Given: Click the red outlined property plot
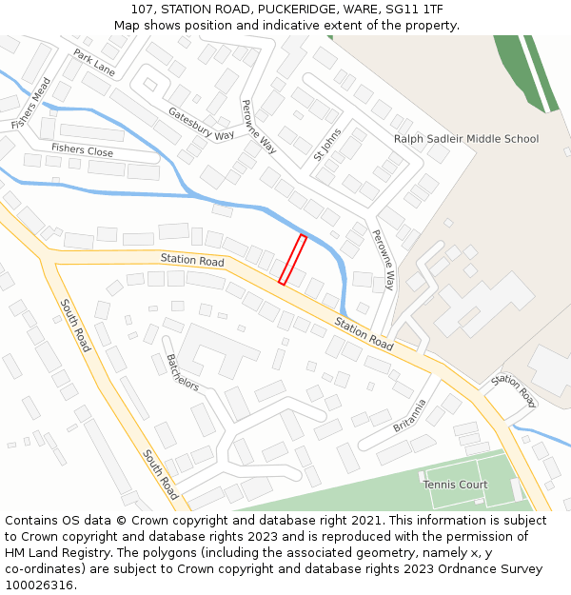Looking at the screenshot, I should pos(292,259).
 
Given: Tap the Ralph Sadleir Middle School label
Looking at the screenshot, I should pos(466,139).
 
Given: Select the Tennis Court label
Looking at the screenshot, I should pos(455,485).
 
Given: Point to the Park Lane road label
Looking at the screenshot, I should pos(94,64).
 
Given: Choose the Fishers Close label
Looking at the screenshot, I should pos(82,149).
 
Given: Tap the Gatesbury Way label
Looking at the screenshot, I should pos(201,124).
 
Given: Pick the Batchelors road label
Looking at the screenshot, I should pos(182,372).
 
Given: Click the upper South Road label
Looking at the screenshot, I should pos(75,326).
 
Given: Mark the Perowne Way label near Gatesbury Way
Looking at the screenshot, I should pos(259,127).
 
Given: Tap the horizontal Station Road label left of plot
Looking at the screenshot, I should pos(192,260).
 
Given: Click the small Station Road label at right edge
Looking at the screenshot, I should pos(514,389).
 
